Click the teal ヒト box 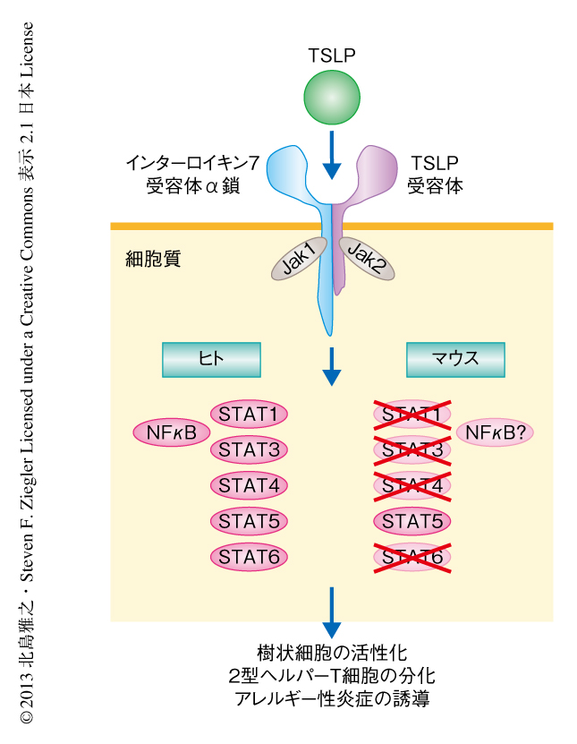[x=211, y=359]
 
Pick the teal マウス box [x=455, y=359]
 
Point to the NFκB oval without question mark [x=171, y=433]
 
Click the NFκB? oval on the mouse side [x=495, y=433]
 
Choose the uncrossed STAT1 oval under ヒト [x=250, y=415]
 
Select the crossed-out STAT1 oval [x=412, y=415]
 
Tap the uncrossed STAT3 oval [x=250, y=449]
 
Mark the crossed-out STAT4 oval [x=412, y=485]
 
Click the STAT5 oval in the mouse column [x=412, y=521]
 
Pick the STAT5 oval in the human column [x=250, y=521]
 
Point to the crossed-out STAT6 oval [x=412, y=557]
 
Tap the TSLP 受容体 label [x=435, y=175]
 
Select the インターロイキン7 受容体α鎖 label [x=193, y=175]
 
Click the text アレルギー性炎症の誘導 [x=332, y=698]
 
